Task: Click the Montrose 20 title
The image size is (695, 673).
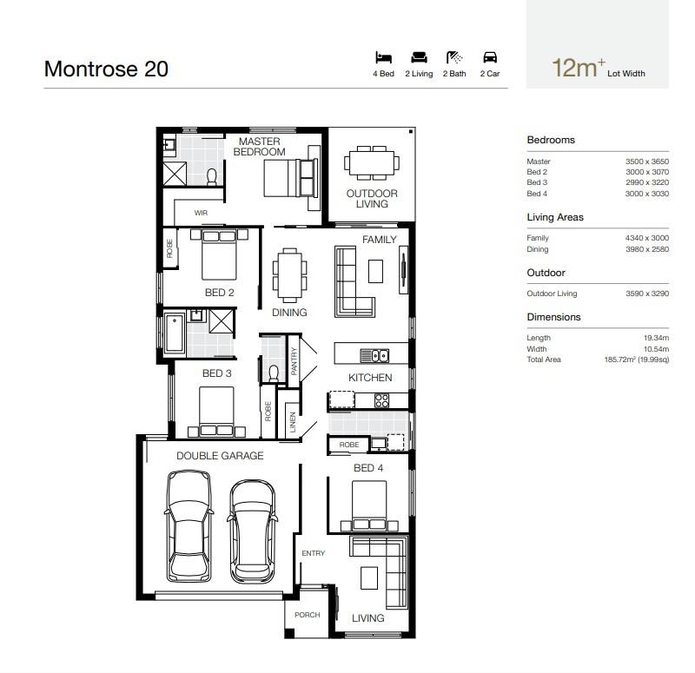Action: (x=106, y=69)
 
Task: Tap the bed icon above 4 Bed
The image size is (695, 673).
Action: (x=383, y=57)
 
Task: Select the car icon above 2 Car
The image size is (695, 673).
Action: (x=490, y=57)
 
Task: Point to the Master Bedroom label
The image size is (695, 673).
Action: (x=259, y=147)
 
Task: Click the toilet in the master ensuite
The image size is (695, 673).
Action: (x=212, y=176)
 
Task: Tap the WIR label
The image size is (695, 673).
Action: (x=201, y=213)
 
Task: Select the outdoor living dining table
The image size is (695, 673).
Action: (x=372, y=163)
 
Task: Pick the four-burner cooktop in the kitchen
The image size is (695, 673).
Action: (x=381, y=400)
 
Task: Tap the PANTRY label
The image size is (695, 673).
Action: (x=294, y=361)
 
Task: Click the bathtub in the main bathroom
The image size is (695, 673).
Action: (x=175, y=333)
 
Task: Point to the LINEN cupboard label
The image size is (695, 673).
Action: (x=293, y=422)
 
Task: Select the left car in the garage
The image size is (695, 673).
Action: (x=189, y=526)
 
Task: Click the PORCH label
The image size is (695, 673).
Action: (x=308, y=615)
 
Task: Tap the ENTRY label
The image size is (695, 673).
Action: (x=314, y=553)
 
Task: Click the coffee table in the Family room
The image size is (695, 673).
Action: (x=375, y=271)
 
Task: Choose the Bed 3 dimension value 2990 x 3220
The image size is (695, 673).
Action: (x=647, y=182)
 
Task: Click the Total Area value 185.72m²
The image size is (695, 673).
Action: (x=637, y=360)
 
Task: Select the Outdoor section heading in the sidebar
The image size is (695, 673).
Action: (x=546, y=273)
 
